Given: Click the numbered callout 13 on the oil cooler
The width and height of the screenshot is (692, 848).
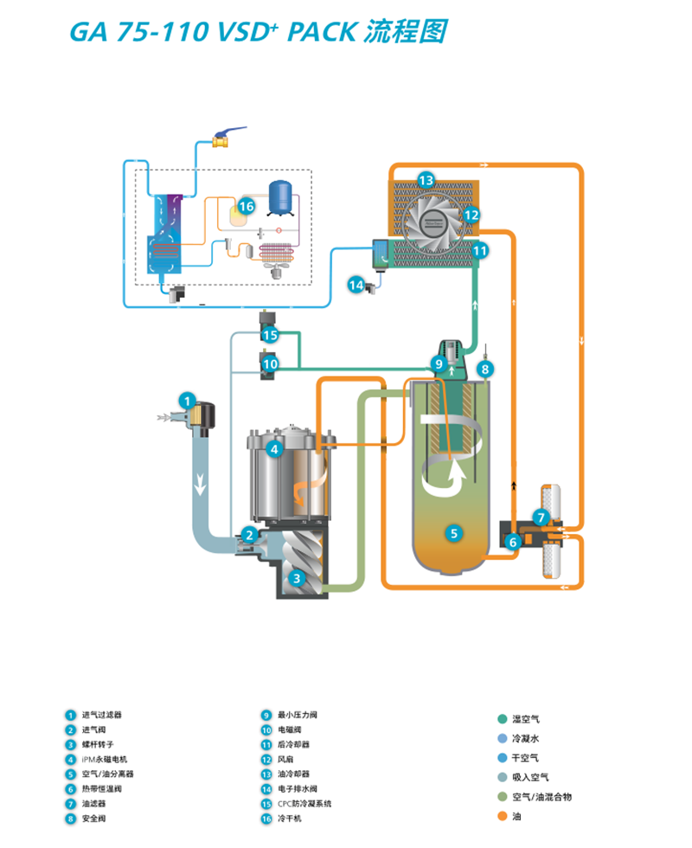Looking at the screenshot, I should (425, 180).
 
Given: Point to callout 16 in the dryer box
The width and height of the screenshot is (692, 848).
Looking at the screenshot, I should (246, 206).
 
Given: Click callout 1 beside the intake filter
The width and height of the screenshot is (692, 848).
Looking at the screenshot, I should (186, 401).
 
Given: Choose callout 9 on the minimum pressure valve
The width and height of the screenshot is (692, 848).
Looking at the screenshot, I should (439, 364).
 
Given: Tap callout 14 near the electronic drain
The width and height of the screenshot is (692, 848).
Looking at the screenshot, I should (356, 283).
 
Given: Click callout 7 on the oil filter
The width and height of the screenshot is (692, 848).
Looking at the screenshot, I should (541, 518).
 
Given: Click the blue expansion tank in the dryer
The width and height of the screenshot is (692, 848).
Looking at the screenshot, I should (282, 195).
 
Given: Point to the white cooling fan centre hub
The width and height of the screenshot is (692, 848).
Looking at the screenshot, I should (429, 221).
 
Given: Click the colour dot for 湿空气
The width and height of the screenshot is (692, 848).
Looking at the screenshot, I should (502, 719).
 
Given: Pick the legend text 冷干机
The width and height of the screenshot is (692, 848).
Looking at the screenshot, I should (288, 818).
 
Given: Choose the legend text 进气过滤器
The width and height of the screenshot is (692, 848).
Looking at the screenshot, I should (102, 716).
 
